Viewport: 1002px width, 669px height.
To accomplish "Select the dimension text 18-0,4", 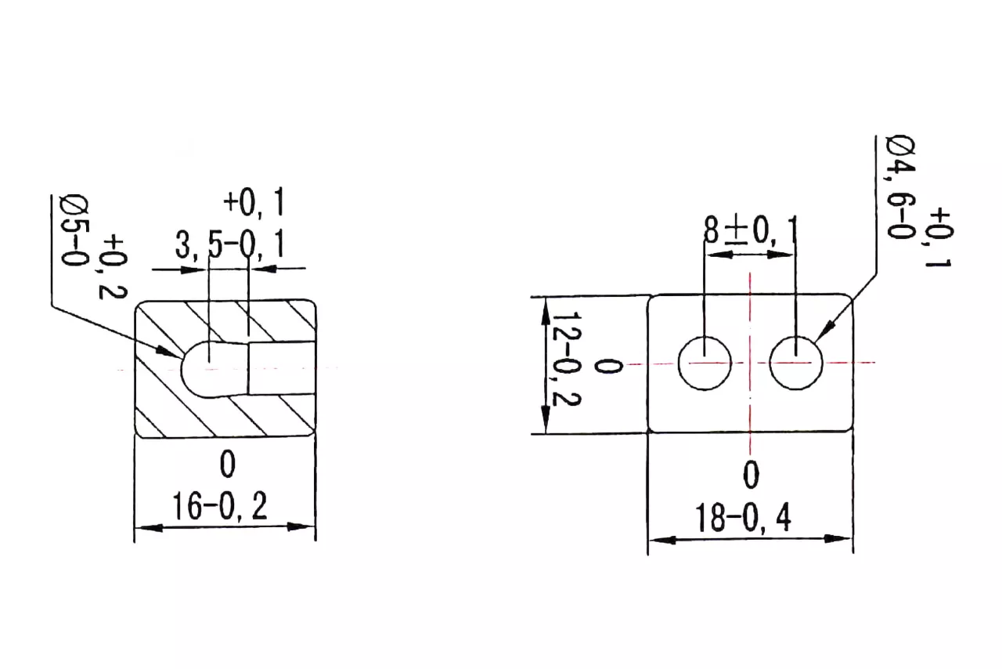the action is point(743,518).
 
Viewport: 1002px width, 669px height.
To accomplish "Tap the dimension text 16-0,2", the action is point(220,506).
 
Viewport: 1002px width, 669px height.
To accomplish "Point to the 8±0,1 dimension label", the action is point(750,230).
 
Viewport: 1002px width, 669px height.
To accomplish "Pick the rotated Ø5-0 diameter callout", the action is point(75,230).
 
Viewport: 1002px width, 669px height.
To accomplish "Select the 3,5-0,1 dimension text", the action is point(229,244).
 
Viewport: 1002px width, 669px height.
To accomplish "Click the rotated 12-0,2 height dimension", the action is point(566,359).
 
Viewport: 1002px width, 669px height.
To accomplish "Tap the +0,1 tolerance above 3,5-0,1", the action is point(254,202).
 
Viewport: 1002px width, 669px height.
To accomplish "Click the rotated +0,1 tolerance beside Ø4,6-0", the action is point(938,237).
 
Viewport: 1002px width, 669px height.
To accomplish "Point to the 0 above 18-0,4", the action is point(751,475).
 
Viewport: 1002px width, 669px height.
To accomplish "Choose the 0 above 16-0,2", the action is point(228,465).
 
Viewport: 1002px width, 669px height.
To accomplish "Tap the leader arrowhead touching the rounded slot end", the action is point(168,351).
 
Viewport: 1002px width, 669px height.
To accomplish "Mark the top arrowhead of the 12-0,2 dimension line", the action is point(546,312).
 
